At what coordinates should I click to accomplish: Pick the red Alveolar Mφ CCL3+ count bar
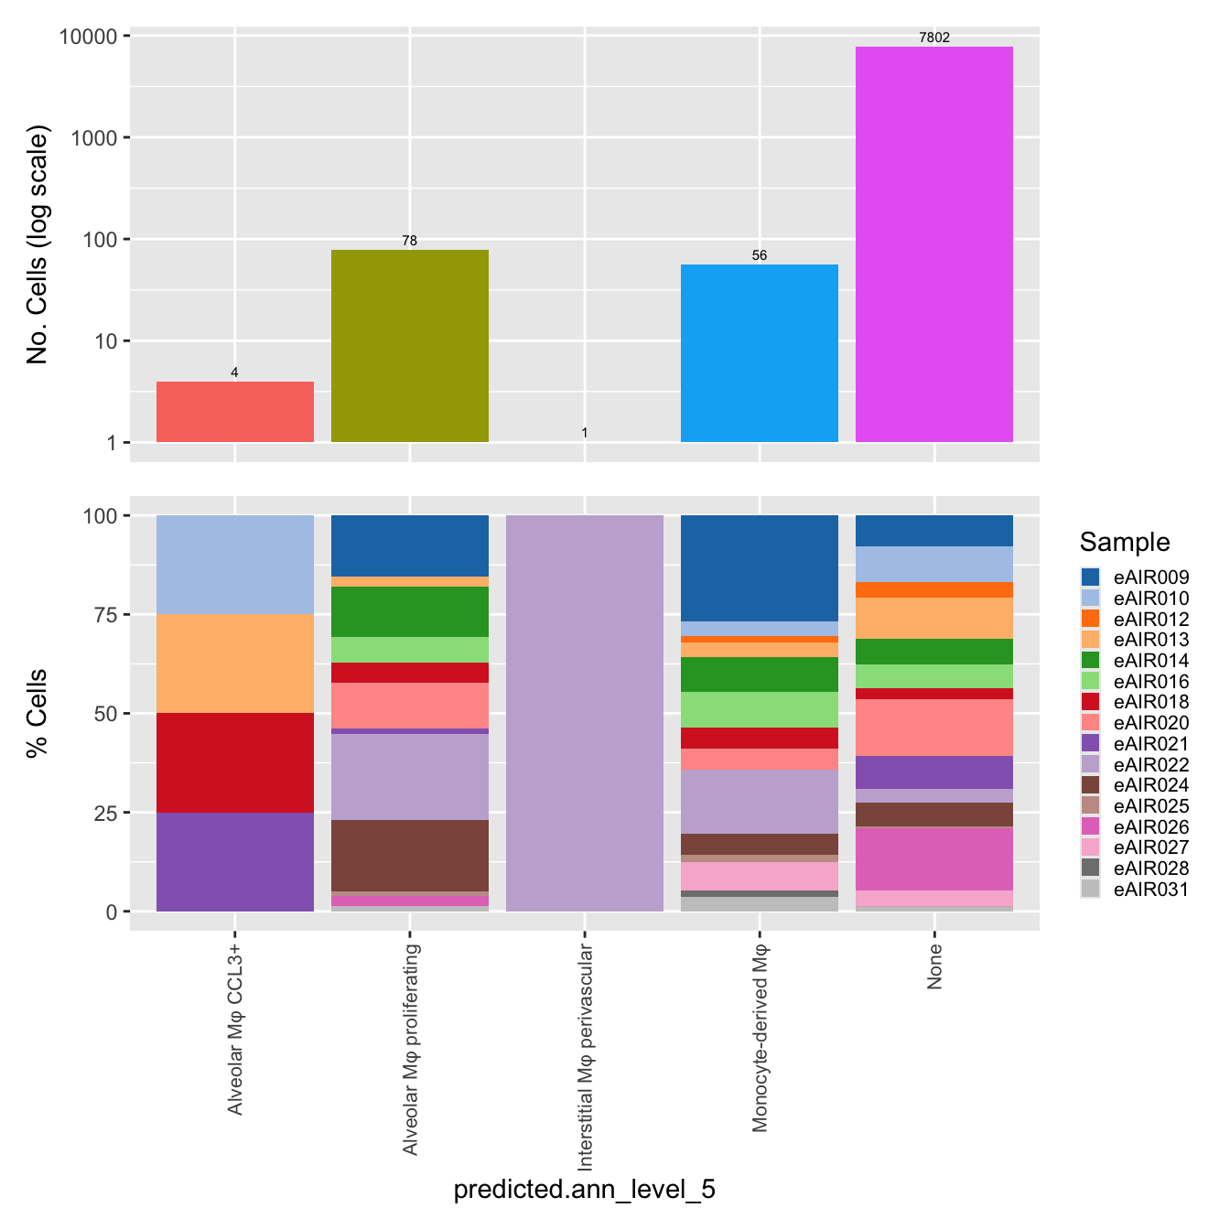(235, 412)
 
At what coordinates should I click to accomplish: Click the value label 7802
(933, 38)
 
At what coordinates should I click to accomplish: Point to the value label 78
(409, 241)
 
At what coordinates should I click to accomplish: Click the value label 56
(759, 255)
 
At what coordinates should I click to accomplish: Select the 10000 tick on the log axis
(92, 37)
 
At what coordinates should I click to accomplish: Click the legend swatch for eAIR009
(1090, 577)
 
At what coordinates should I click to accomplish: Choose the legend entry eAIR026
(1150, 827)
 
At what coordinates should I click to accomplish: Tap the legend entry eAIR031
(1150, 890)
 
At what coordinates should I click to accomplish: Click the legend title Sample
(1124, 542)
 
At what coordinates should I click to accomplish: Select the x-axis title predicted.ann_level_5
(584, 1190)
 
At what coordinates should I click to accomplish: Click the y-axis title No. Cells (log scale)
(38, 245)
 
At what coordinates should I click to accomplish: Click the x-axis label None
(934, 967)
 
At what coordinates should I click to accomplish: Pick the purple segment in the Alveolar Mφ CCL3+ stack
(235, 862)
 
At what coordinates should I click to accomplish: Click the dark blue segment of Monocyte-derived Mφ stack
(759, 568)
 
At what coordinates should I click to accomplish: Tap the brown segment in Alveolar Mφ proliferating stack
(409, 856)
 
